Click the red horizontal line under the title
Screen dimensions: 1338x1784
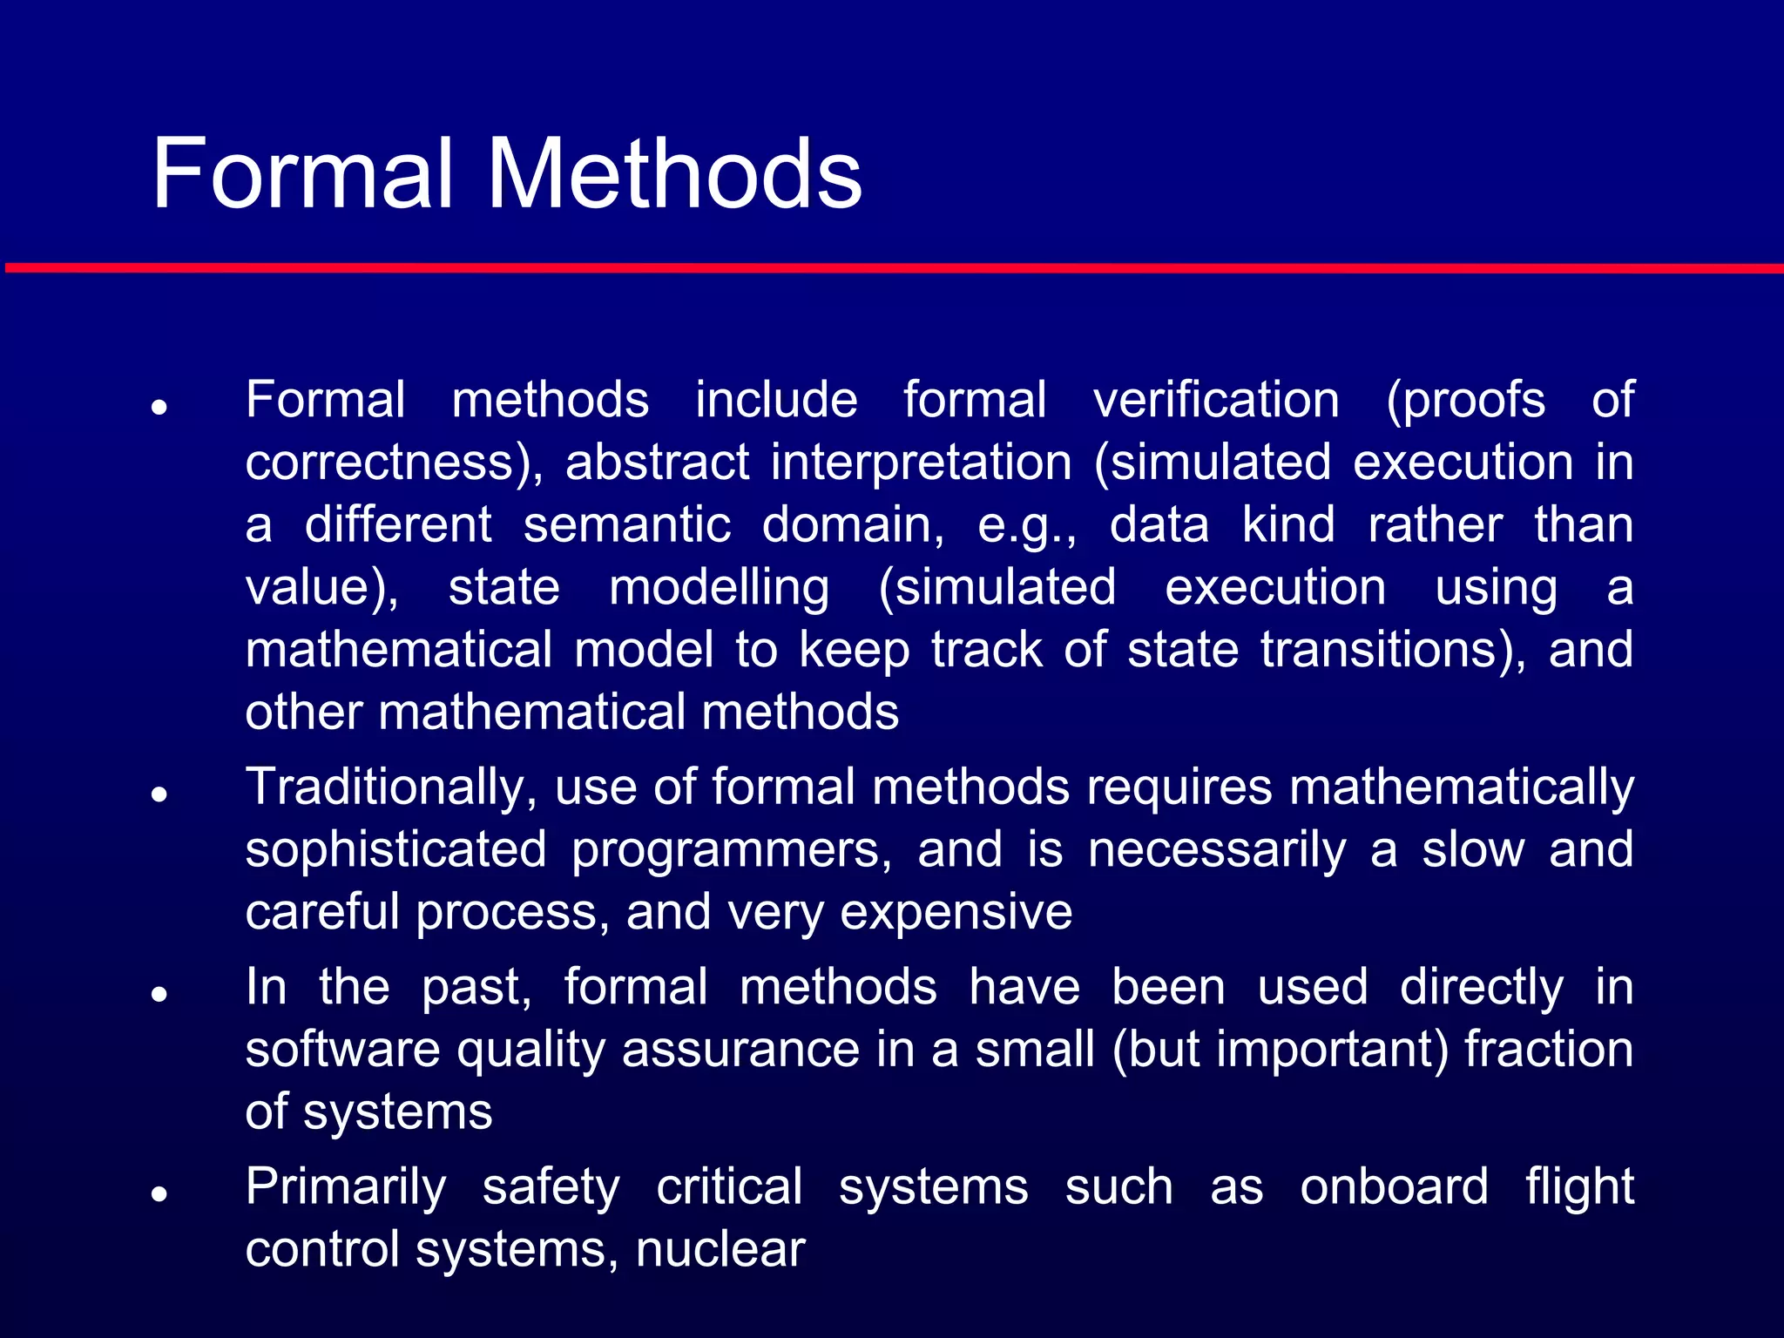(x=892, y=268)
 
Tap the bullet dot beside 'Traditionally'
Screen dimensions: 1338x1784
(x=159, y=794)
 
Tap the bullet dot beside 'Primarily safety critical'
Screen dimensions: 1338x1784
(x=159, y=1193)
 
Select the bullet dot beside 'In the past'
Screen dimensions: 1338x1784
(x=159, y=993)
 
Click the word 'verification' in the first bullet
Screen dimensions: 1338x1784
(x=1216, y=401)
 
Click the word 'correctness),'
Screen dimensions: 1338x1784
(x=394, y=463)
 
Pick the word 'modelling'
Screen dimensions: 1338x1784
(x=719, y=588)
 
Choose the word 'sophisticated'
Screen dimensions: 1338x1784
(x=396, y=850)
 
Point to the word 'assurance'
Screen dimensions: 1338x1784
(x=740, y=1050)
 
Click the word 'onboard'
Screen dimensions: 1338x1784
(x=1394, y=1187)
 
